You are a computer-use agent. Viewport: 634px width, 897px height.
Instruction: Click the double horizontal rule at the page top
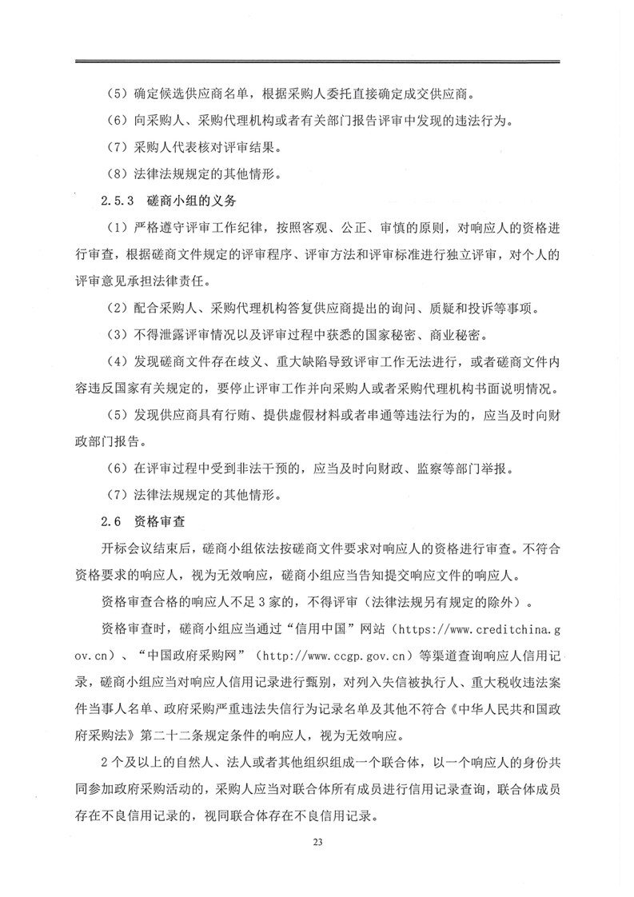pos(317,62)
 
